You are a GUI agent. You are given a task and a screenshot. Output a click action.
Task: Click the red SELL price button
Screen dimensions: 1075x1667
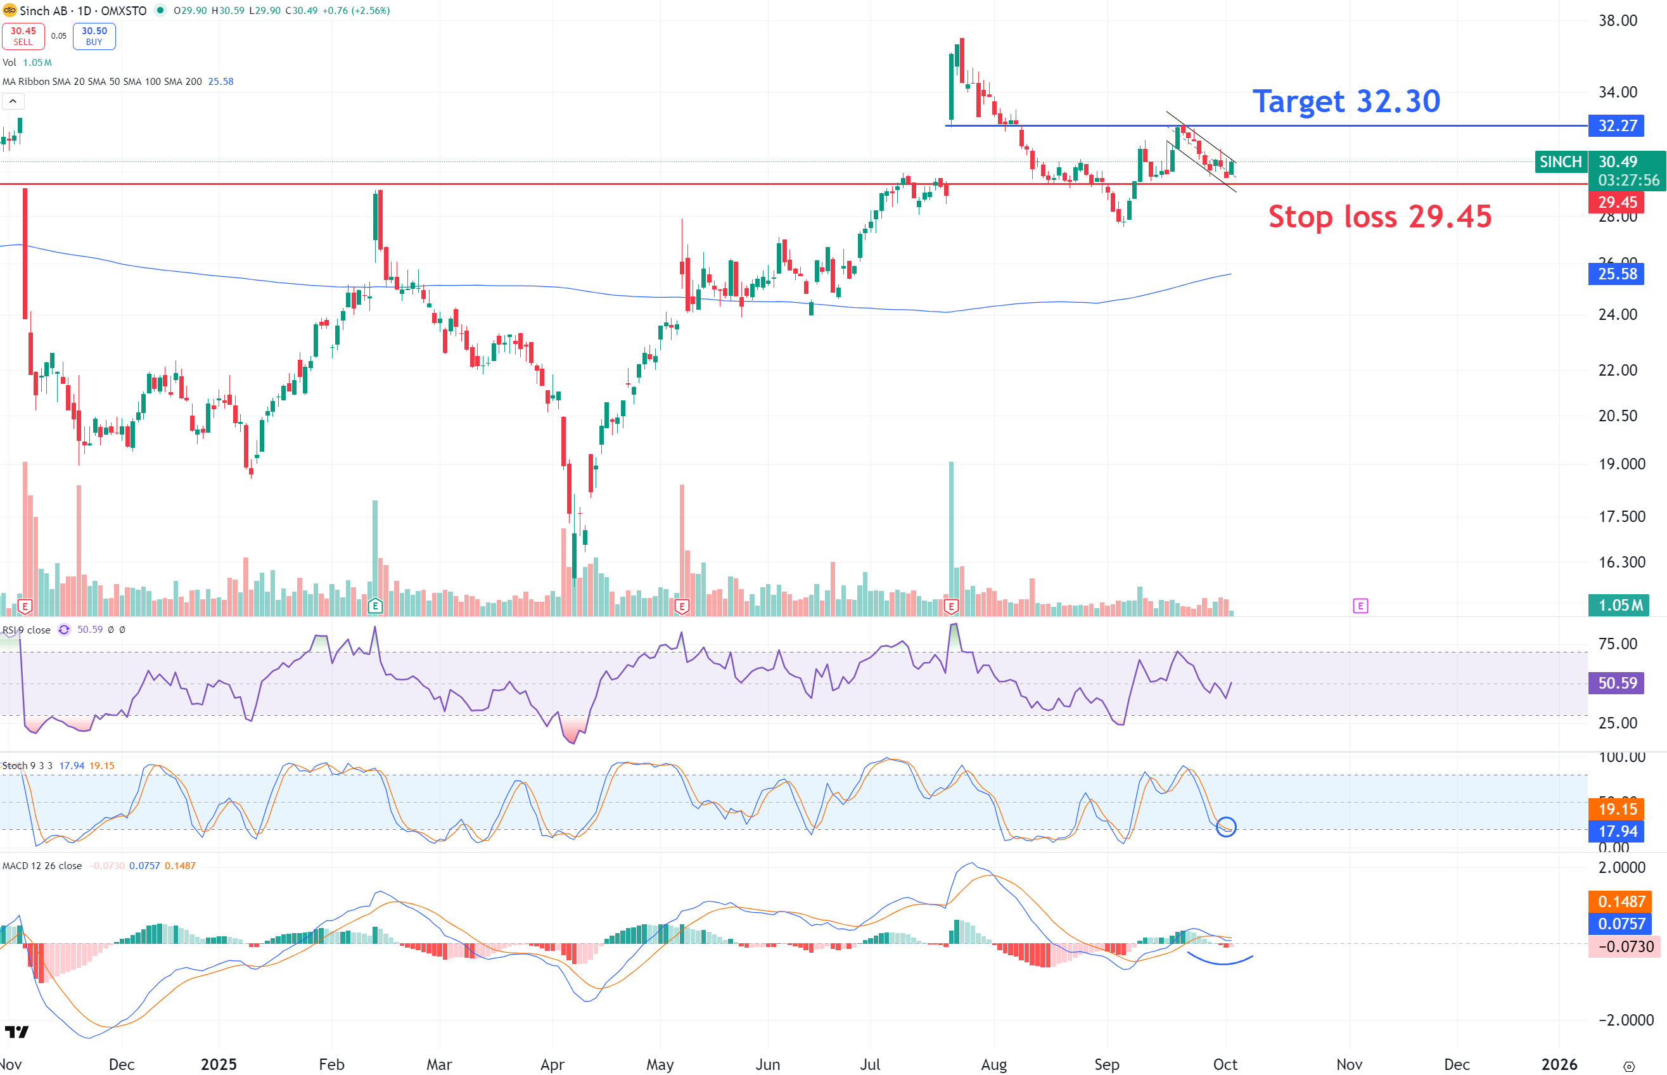click(x=23, y=36)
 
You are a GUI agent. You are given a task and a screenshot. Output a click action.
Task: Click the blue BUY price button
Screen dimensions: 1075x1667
click(x=94, y=36)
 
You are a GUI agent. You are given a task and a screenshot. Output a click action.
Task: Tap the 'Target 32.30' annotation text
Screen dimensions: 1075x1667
click(x=1346, y=101)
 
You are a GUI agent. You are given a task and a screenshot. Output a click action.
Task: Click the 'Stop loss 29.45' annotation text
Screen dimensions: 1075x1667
click(x=1379, y=217)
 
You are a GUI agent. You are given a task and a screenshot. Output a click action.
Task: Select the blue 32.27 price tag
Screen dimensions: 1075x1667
click(x=1616, y=125)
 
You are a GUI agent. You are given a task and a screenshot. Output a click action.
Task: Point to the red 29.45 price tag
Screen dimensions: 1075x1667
click(x=1616, y=203)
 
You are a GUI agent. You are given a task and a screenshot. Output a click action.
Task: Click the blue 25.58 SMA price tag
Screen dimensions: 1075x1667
click(x=1616, y=274)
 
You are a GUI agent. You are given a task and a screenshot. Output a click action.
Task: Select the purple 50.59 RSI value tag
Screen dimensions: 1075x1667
click(x=1616, y=683)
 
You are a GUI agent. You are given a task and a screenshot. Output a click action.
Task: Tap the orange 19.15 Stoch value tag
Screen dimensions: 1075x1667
click(x=1616, y=809)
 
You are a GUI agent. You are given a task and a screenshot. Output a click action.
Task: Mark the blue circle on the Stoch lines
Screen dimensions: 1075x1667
click(x=1226, y=827)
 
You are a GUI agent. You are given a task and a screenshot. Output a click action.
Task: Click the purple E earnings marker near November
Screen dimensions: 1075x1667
click(x=1360, y=606)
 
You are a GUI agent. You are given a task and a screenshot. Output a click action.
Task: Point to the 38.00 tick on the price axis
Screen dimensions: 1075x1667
click(x=1618, y=20)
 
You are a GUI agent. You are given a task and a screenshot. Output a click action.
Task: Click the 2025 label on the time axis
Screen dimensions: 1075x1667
click(x=219, y=1064)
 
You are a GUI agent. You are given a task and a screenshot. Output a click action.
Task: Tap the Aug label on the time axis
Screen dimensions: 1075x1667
click(x=993, y=1064)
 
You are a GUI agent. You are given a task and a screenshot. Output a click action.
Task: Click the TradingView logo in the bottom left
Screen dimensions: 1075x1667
click(x=16, y=1031)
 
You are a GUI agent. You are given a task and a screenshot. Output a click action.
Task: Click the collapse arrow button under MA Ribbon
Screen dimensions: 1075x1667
click(x=13, y=101)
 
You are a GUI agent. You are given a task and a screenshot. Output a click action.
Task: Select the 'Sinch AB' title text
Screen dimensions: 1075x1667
click(x=43, y=11)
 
